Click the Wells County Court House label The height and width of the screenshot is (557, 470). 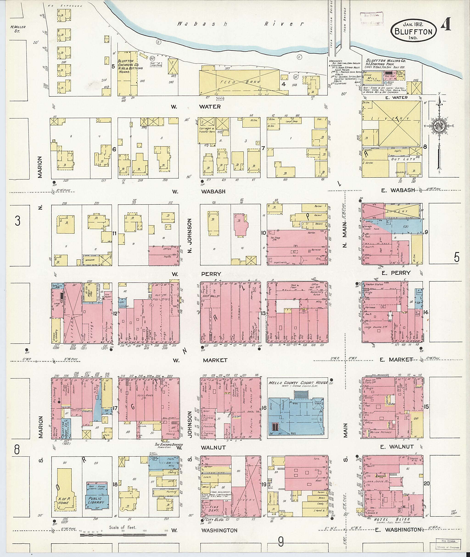(298, 382)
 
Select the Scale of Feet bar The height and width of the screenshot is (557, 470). (123, 534)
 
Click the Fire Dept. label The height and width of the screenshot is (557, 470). (210, 509)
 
